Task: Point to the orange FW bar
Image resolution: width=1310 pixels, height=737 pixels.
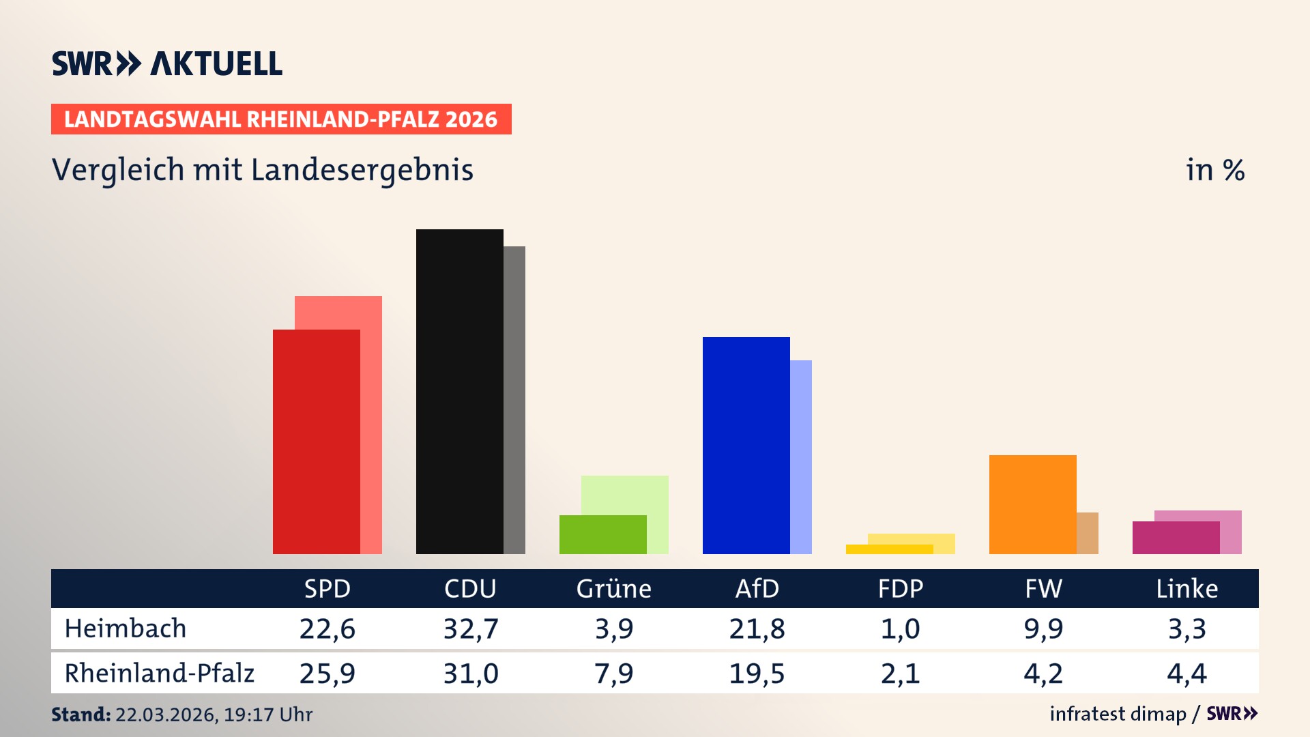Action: [x=1032, y=504]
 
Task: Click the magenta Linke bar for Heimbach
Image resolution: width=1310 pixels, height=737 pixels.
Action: [x=1176, y=538]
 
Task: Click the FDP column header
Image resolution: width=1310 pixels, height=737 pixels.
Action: [x=900, y=588]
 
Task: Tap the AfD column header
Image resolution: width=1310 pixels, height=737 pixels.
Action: [x=757, y=588]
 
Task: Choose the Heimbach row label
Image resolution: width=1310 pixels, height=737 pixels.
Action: [x=126, y=628]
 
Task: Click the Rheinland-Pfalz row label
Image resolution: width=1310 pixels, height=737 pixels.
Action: [x=159, y=673]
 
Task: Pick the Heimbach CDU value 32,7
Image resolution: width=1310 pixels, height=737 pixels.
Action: [x=471, y=628]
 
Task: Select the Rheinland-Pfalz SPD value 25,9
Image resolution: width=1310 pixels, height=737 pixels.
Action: [x=327, y=674]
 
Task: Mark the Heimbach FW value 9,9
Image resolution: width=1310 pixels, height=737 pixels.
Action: [x=1043, y=628]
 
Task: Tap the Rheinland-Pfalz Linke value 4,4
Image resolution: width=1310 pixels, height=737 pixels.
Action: [x=1187, y=674]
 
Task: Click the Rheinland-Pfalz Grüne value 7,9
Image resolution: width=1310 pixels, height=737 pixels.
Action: [x=613, y=674]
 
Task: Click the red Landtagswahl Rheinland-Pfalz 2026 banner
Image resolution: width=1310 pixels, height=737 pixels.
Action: [x=281, y=119]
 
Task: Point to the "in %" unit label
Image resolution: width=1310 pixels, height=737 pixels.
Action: [x=1215, y=170]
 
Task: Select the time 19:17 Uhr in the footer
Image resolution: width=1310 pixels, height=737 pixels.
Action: [x=267, y=714]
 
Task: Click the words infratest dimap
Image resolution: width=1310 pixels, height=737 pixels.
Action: [x=1118, y=714]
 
